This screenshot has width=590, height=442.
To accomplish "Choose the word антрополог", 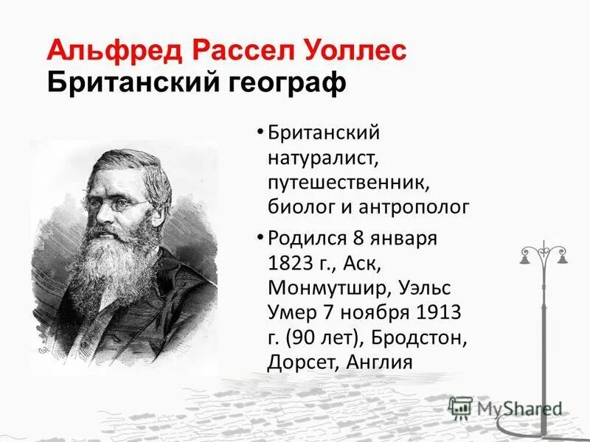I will point(414,207).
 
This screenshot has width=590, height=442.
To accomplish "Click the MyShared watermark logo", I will point(505,408).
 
